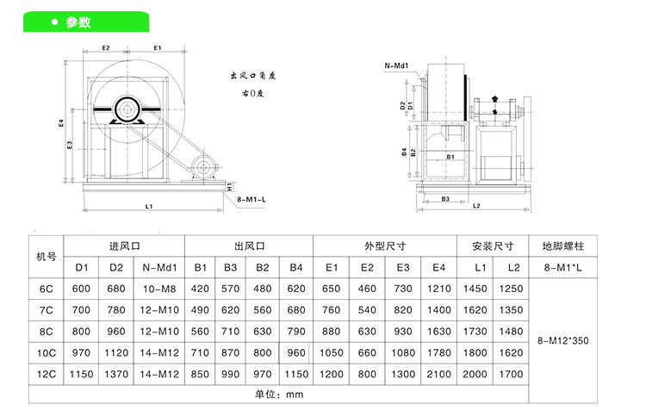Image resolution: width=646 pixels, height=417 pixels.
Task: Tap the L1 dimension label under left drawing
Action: [148, 207]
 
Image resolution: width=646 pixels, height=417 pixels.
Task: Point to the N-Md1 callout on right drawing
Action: [397, 65]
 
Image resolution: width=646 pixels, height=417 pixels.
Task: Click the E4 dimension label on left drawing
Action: [61, 123]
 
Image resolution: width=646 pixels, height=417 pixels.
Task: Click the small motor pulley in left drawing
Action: [203, 166]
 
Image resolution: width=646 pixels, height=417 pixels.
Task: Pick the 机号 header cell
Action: [47, 256]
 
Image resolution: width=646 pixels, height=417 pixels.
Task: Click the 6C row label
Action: [47, 289]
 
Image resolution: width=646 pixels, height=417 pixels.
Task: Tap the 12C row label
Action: [47, 373]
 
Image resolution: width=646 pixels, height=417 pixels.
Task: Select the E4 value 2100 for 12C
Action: [438, 373]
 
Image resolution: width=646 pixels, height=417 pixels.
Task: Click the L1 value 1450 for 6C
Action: [481, 289]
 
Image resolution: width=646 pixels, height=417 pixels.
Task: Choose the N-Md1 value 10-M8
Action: [158, 289]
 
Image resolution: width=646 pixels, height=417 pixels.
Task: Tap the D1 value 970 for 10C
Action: [81, 352]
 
